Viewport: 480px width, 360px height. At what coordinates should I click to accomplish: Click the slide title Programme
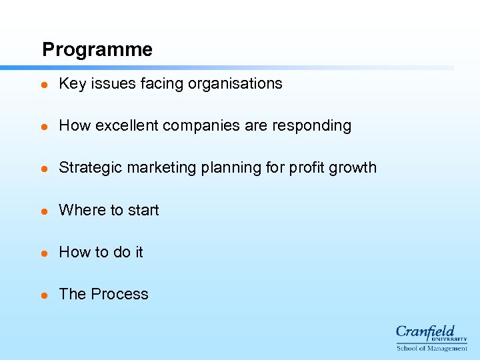[97, 50]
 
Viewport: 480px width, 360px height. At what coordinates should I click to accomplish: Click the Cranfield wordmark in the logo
[425, 332]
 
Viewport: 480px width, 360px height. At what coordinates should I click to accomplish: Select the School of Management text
[432, 348]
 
